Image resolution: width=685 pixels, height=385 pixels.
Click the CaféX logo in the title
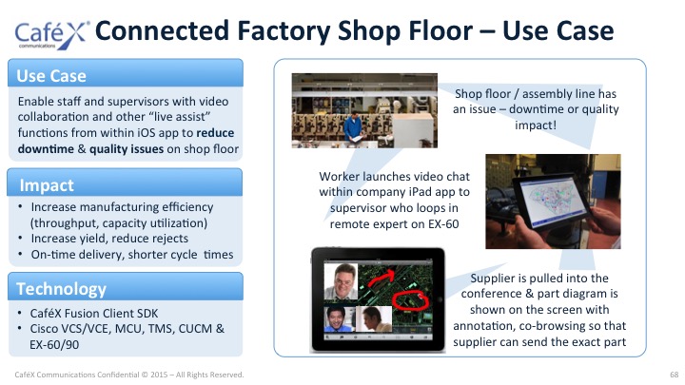point(52,35)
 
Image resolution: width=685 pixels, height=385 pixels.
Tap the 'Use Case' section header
point(51,76)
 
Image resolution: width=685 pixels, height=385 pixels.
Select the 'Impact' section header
point(47,185)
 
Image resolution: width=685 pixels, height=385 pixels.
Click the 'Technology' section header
point(61,289)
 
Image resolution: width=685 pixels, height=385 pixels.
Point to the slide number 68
point(675,375)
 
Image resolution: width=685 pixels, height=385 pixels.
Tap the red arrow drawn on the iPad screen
point(380,278)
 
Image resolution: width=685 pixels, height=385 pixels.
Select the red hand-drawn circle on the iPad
point(410,300)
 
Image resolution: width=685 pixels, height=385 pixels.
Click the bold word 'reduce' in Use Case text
point(215,133)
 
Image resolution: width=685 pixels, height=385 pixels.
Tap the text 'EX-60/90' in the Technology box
point(54,345)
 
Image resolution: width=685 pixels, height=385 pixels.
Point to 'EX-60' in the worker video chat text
point(443,224)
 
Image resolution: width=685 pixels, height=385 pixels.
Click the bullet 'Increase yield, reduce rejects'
point(109,239)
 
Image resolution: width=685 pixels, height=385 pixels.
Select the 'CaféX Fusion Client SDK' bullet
point(94,314)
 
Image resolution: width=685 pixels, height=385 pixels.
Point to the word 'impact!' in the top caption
point(536,125)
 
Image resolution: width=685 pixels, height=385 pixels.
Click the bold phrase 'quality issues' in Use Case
point(127,149)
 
